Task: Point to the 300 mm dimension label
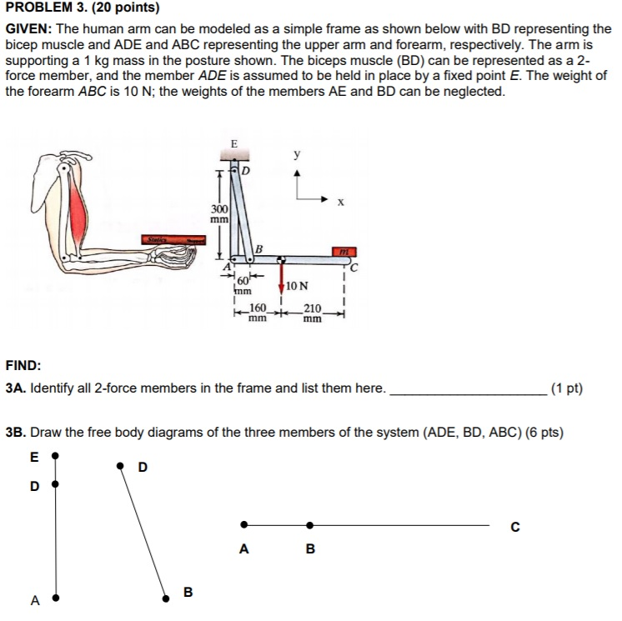click(219, 213)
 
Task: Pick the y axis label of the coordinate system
click(297, 155)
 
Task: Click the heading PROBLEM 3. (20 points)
click(82, 8)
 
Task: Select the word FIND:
click(23, 365)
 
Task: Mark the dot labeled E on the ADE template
click(55, 457)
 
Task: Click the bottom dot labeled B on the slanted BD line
click(164, 596)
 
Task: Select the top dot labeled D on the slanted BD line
click(122, 466)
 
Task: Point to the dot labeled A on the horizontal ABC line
click(243, 525)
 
